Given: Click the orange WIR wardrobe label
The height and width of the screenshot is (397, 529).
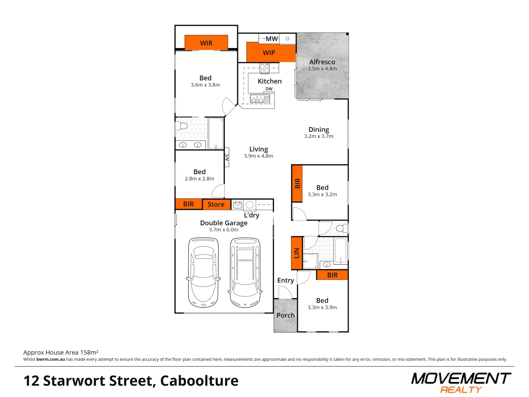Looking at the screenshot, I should (x=206, y=43).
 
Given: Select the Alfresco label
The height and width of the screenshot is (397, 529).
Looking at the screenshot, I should (x=322, y=62).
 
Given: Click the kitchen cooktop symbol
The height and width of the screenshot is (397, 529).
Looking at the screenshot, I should (x=264, y=68).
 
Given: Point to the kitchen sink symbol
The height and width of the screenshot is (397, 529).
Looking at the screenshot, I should (x=260, y=99).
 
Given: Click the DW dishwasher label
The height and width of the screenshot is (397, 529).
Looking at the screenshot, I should (x=269, y=89).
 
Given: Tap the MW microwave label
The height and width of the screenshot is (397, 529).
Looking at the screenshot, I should (x=271, y=39).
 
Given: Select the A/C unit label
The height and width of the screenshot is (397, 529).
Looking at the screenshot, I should (x=227, y=157).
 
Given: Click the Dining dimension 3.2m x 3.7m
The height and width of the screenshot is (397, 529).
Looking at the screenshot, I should (x=319, y=136).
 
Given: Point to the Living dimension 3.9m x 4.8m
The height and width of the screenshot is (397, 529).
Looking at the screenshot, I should (x=258, y=156).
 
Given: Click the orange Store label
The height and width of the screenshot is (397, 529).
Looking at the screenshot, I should (x=216, y=204).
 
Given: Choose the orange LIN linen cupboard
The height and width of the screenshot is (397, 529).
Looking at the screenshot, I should (x=296, y=253).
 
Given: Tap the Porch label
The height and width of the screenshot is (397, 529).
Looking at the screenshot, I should (x=285, y=315).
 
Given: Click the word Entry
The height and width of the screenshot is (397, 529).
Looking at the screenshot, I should (x=285, y=280).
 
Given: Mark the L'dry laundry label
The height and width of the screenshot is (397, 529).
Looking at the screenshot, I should (x=252, y=215).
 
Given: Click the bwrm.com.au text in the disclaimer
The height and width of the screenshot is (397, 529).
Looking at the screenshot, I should (x=51, y=360).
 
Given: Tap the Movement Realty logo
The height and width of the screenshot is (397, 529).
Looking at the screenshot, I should (x=461, y=383).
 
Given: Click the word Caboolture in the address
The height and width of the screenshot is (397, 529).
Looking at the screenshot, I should (x=199, y=381).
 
